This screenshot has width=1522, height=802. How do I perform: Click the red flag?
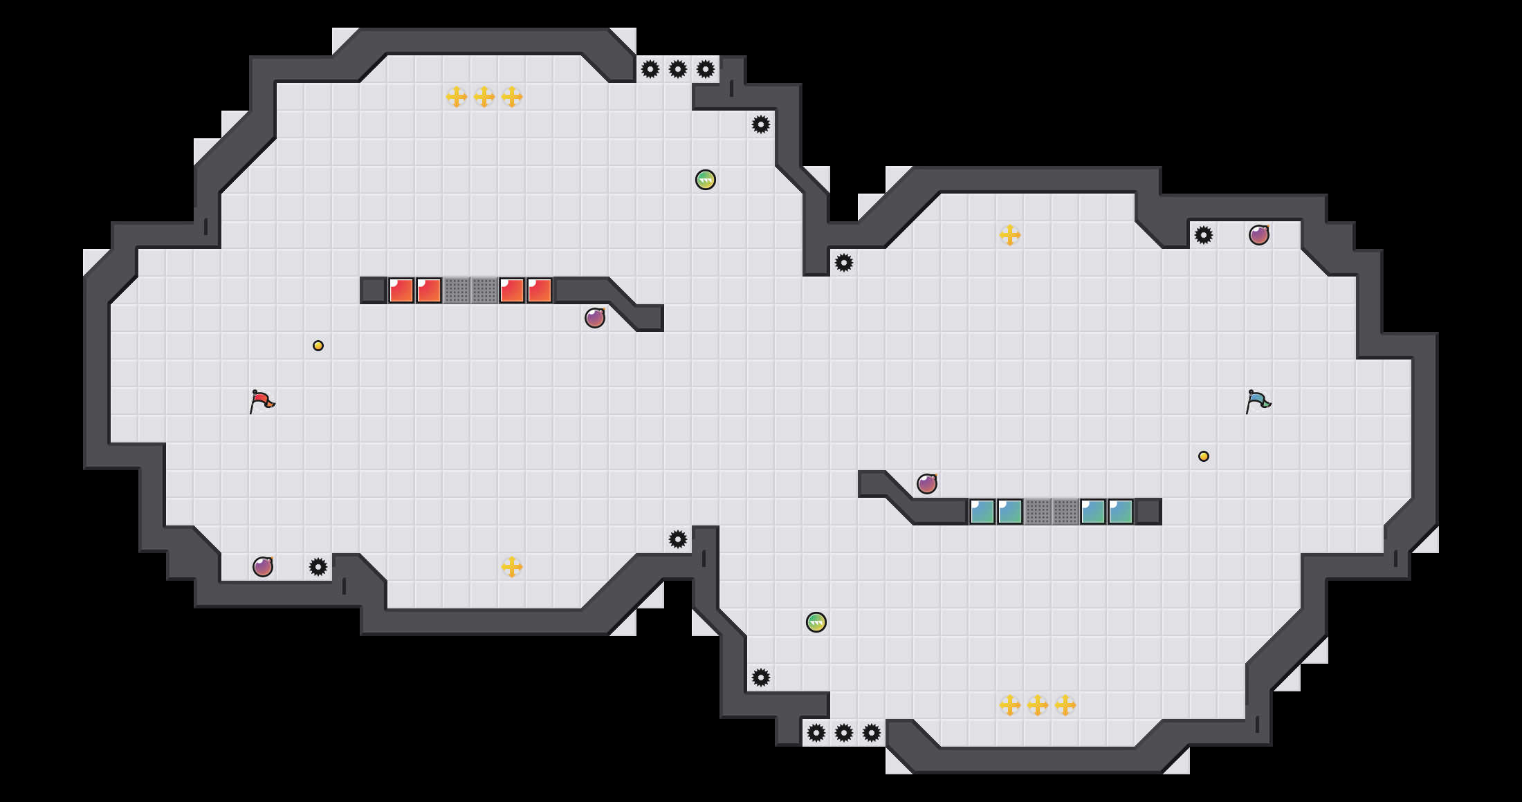click(x=262, y=401)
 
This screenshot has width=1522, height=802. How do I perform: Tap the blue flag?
click(x=1258, y=401)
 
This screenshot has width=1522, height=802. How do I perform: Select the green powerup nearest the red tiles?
click(x=706, y=180)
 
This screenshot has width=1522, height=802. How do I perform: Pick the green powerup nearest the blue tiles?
click(x=816, y=622)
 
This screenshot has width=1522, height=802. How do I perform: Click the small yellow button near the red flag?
click(x=318, y=346)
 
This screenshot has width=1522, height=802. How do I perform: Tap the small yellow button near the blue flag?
click(x=1204, y=456)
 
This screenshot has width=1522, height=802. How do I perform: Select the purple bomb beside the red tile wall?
click(x=595, y=318)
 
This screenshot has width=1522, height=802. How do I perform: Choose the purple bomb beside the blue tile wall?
click(x=927, y=484)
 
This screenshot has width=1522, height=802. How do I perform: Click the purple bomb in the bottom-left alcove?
click(x=263, y=567)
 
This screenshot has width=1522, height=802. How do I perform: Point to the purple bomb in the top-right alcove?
click(x=1259, y=235)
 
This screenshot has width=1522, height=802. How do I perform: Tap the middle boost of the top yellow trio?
click(x=484, y=97)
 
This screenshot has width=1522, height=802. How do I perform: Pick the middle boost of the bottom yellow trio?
click(x=1038, y=705)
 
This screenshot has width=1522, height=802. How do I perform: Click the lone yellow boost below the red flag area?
click(x=512, y=567)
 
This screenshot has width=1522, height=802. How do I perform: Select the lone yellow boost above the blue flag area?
click(x=1010, y=235)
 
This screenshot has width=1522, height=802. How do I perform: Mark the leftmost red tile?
click(x=401, y=290)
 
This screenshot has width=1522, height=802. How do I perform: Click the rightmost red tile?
click(x=540, y=290)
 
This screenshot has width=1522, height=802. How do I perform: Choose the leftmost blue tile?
click(x=982, y=512)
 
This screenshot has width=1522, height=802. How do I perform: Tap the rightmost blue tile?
click(x=1121, y=512)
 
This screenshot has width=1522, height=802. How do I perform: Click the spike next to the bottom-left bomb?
click(x=318, y=567)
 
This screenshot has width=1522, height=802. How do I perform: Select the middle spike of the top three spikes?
click(x=678, y=69)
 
